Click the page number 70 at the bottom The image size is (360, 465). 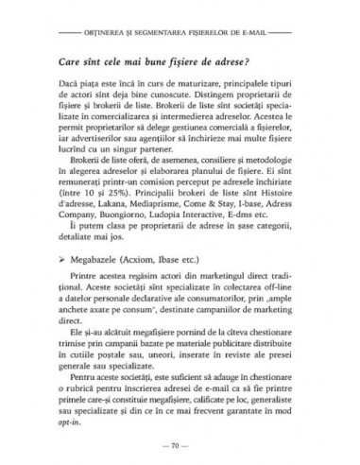(180, 441)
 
